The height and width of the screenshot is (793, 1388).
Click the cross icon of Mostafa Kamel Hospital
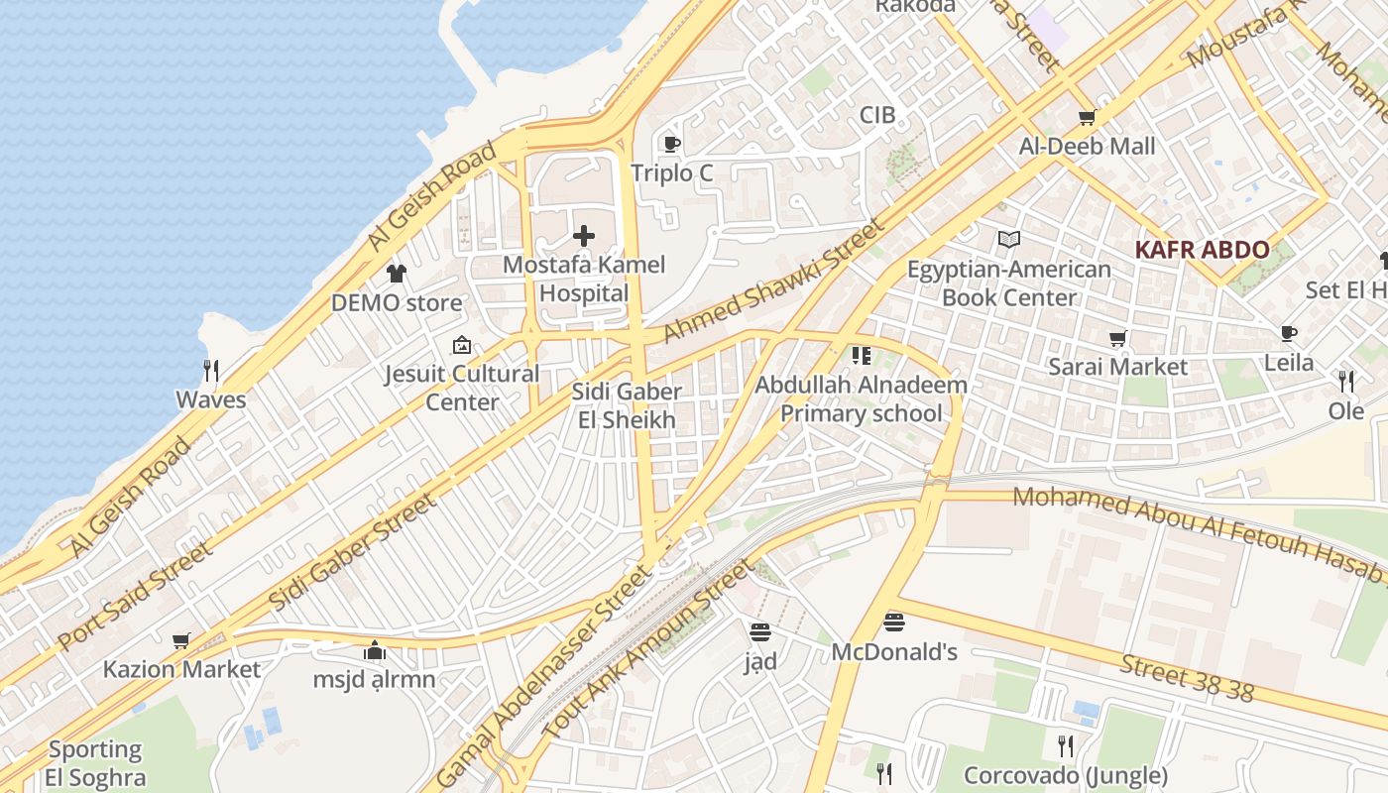[x=584, y=236]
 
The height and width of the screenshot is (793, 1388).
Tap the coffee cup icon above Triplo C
[x=671, y=145]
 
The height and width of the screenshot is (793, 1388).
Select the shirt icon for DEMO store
[x=397, y=274]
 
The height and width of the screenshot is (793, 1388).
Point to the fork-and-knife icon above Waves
[x=210, y=371]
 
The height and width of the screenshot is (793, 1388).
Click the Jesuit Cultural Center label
[x=462, y=388]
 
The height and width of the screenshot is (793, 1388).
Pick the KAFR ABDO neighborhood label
[x=1202, y=250]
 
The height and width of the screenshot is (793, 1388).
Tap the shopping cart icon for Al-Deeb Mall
[x=1087, y=118]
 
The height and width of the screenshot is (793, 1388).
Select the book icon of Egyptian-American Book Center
[x=1008, y=240]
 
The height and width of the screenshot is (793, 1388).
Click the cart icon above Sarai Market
[x=1117, y=339]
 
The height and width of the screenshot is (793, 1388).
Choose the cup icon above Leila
[x=1288, y=334]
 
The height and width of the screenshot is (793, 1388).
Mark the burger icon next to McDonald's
[x=893, y=623]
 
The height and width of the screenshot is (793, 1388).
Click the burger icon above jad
[x=760, y=631]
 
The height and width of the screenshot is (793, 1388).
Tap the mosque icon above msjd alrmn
[x=374, y=651]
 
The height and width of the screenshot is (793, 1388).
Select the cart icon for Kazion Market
[x=180, y=641]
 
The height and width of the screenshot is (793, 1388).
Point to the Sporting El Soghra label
[x=95, y=763]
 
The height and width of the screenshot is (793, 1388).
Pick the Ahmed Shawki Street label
[x=772, y=282]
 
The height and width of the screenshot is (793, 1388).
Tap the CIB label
[x=876, y=115]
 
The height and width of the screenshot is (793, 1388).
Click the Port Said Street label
[x=135, y=595]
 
